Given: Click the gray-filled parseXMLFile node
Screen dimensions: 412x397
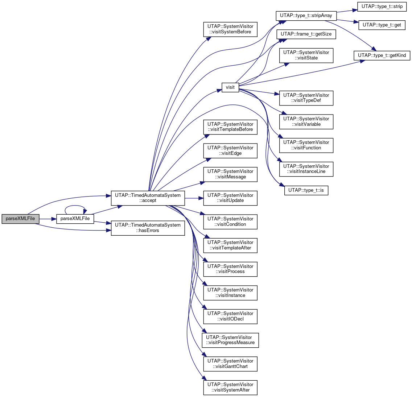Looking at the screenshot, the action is pos(20,219).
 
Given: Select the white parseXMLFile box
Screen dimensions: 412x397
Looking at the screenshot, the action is pos(75,219).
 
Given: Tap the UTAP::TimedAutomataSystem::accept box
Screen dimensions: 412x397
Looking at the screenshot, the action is pos(148,198).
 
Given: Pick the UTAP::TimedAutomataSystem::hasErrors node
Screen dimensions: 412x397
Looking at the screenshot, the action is pos(148,228).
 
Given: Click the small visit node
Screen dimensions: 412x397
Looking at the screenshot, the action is pos(230,87).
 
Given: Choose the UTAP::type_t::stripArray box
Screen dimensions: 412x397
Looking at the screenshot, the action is pos(306,16).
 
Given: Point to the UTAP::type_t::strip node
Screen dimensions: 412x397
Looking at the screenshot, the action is pos(382,7).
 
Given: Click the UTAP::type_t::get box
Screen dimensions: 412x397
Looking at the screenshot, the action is pos(382,25).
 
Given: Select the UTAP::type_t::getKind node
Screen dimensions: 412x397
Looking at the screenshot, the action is pos(382,55).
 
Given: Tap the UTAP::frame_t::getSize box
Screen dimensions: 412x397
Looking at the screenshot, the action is pos(306,34).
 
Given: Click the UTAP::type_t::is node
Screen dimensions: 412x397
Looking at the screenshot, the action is pos(306,190).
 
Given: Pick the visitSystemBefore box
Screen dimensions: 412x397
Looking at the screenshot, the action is pos(230,29).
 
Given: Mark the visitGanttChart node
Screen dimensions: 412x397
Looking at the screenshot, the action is pos(230,364).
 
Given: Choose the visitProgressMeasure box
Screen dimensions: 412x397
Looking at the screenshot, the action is pos(230,340).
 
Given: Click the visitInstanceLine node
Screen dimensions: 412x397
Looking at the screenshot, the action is pos(306,169).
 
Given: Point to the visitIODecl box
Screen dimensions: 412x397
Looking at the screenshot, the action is pos(230,317).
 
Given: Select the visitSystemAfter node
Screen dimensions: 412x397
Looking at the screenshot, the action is pos(230,388).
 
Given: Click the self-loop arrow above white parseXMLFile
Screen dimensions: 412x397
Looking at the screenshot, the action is pos(75,206).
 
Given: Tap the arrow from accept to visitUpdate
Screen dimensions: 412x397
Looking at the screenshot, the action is pos(194,198).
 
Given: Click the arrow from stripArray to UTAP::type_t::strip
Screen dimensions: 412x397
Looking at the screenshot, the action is pos(347,11).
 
